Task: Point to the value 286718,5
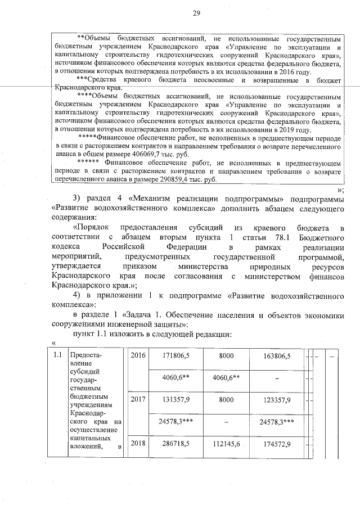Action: point(172,444)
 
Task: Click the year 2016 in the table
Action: point(138,356)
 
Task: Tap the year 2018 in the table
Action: point(138,444)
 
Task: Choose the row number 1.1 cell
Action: point(57,355)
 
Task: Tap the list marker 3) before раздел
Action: point(79,199)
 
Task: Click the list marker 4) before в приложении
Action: point(79,295)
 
